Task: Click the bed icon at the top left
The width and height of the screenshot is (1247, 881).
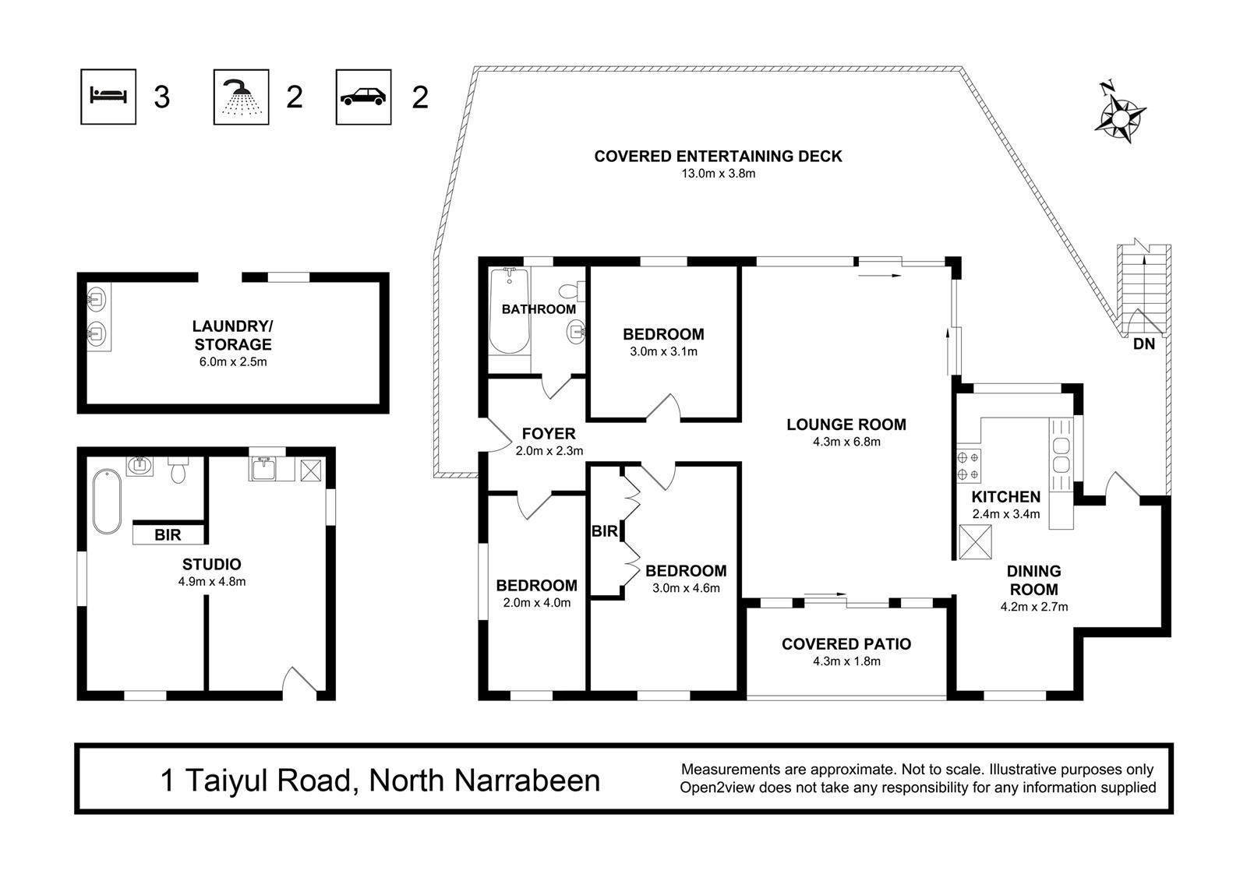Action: click(108, 97)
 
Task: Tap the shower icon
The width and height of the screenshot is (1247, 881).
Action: click(241, 97)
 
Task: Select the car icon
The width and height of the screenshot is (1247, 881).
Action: click(363, 97)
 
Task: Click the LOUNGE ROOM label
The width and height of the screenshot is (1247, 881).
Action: click(846, 425)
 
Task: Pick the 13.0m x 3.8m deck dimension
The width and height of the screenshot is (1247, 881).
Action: click(718, 174)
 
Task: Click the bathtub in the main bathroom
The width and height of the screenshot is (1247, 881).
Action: click(510, 311)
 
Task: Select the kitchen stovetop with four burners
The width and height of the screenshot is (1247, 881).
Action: click(968, 466)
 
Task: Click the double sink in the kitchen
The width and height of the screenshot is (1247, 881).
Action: click(1061, 455)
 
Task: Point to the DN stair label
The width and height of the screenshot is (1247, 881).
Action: click(1144, 344)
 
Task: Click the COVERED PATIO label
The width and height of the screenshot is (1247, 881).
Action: click(846, 644)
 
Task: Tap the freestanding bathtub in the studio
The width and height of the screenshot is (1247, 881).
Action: click(107, 502)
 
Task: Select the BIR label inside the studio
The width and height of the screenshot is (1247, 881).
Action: click(168, 535)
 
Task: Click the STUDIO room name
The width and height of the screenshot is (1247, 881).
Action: click(211, 564)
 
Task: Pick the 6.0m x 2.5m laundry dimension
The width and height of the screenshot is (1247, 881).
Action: click(233, 361)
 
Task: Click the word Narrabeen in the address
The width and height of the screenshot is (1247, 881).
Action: click(527, 781)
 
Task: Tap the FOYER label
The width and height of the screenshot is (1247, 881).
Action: click(549, 434)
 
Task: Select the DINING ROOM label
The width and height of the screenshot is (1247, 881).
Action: click(1033, 580)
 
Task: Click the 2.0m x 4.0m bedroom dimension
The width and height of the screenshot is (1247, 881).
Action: click(537, 602)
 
